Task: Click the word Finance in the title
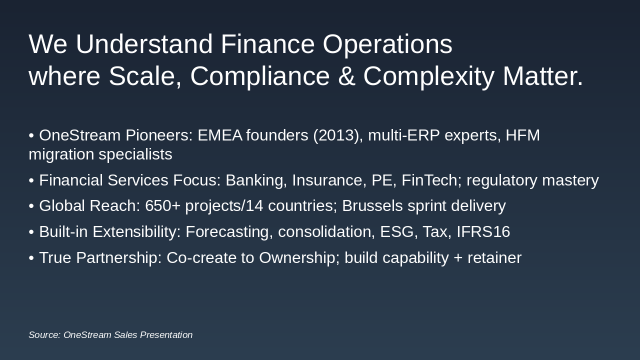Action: click(x=267, y=44)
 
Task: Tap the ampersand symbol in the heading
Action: click(x=346, y=76)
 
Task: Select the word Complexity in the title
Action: click(x=428, y=76)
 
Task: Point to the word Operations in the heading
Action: click(x=387, y=44)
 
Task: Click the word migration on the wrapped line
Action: click(x=61, y=154)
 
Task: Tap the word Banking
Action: click(x=254, y=180)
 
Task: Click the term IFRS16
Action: click(x=483, y=232)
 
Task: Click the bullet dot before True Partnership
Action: click(x=31, y=258)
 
